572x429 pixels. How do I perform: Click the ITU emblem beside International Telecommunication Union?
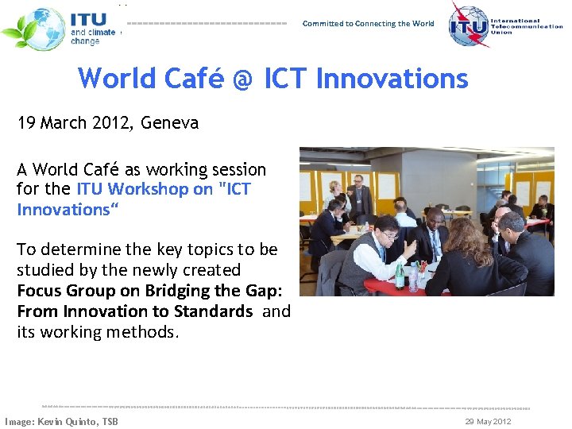click(468, 25)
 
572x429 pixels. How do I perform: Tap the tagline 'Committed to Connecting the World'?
click(368, 24)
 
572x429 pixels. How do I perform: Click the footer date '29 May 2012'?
click(488, 421)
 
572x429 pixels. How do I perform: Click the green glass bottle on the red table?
click(400, 274)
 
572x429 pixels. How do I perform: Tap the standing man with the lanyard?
click(362, 195)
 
